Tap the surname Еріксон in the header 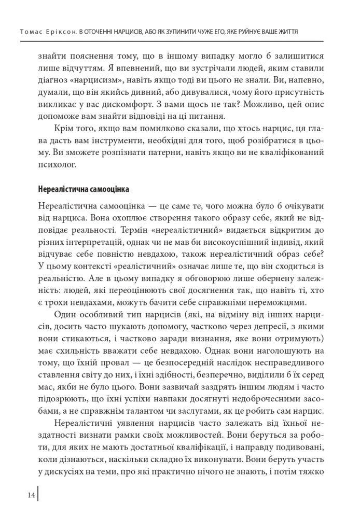click(59, 32)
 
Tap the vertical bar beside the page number click(38, 495)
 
